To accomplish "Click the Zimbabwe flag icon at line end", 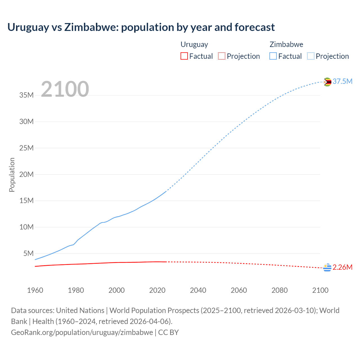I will click(x=327, y=82).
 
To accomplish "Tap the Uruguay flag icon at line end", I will click(x=327, y=268).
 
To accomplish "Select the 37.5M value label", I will click(x=342, y=82).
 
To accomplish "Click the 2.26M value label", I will click(x=342, y=267).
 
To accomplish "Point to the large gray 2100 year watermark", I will click(x=65, y=89).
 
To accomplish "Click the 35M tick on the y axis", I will click(x=26, y=95).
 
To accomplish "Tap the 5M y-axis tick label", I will click(x=28, y=253).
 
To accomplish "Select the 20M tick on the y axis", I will click(x=26, y=174).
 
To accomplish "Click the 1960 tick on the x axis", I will click(x=35, y=290).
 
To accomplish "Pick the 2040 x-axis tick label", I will click(x=198, y=290).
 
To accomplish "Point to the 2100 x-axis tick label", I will click(x=320, y=290).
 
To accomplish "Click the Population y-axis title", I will click(x=12, y=175).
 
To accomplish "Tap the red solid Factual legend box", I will click(x=184, y=56).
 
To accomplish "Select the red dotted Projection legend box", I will click(x=222, y=56).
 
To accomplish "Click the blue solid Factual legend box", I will click(x=273, y=56).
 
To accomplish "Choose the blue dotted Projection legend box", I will click(x=310, y=56).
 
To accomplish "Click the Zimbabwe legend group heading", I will click(x=286, y=44).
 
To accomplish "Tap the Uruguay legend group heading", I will click(x=194, y=44).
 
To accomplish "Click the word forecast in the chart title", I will click(x=255, y=27).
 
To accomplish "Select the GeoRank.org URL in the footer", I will click(x=82, y=332).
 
